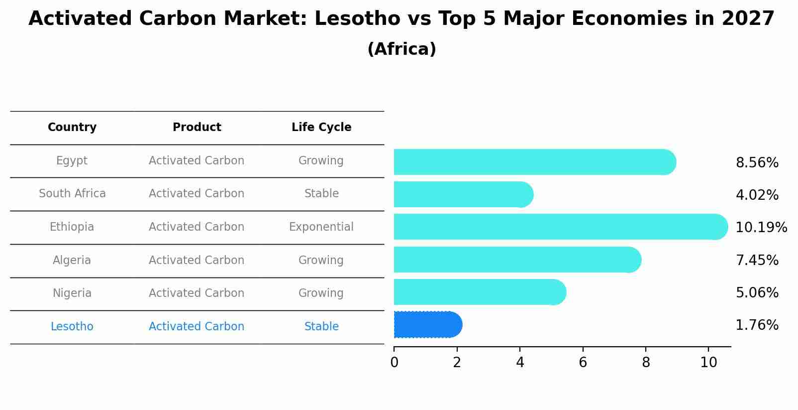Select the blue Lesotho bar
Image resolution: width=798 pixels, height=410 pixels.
tap(427, 325)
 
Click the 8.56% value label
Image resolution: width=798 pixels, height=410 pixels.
tap(757, 163)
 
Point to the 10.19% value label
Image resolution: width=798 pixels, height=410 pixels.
tap(761, 228)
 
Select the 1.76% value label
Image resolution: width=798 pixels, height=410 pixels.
tap(757, 325)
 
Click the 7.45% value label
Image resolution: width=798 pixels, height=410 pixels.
tap(757, 261)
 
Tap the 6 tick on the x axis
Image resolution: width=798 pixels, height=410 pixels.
tap(583, 363)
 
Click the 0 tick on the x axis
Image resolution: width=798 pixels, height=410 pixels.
tap(395, 363)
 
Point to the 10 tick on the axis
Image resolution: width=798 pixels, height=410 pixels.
tap(708, 363)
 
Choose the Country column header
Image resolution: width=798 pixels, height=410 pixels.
tap(72, 128)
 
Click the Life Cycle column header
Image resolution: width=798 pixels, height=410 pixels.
tap(321, 128)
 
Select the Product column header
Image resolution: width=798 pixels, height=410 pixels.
tap(197, 128)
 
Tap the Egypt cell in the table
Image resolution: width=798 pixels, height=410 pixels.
tap(72, 161)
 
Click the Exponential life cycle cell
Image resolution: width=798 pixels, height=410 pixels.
tap(321, 227)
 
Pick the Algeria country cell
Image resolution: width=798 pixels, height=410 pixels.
tap(72, 261)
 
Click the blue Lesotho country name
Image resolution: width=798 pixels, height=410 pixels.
tap(72, 327)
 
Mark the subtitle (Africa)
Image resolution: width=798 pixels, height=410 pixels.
tap(401, 49)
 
